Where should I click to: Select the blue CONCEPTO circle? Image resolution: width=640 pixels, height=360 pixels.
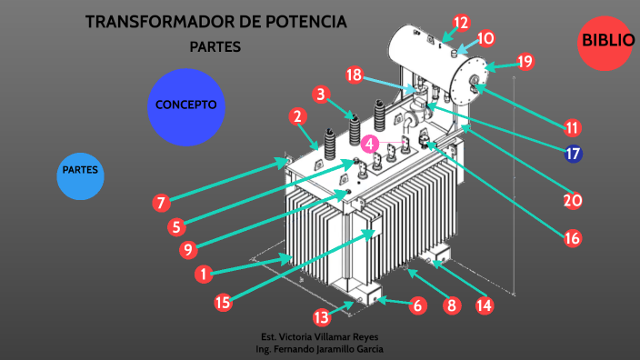click(x=185, y=106)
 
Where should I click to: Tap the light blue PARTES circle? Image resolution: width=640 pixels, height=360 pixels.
click(x=80, y=171)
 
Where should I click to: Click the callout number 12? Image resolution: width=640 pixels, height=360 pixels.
click(x=461, y=23)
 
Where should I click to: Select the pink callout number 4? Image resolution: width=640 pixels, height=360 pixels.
click(x=369, y=144)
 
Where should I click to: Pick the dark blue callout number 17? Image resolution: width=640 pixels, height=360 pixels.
click(x=573, y=154)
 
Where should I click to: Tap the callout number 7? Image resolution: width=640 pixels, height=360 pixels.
click(x=161, y=202)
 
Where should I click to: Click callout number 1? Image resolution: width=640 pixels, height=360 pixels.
click(x=205, y=272)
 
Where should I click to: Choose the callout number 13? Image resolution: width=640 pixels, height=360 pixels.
click(x=321, y=317)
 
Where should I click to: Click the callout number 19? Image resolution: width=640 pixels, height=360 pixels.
click(x=525, y=62)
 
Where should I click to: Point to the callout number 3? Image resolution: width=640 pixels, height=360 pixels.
click(x=319, y=94)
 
